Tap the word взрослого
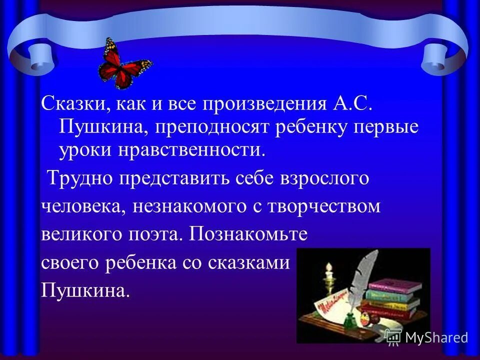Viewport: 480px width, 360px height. click(325, 179)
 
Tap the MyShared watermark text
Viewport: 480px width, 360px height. click(436, 337)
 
